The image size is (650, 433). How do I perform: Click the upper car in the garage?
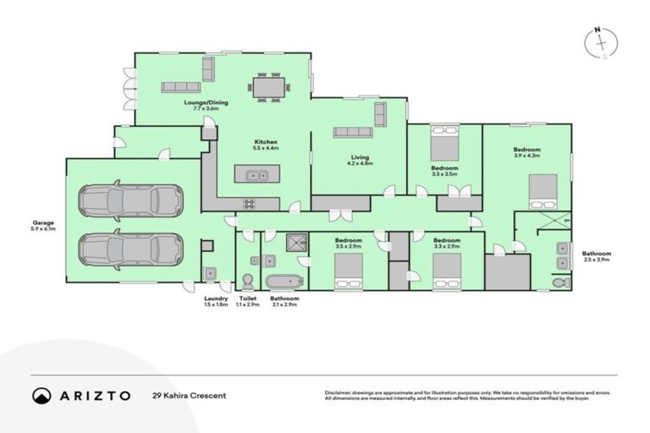click(130, 200)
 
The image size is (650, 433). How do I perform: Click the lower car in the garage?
click(130, 249)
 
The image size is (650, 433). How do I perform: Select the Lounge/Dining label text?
click(202, 105)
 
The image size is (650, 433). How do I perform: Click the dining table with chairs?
click(268, 86)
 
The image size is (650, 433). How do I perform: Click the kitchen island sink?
click(254, 176)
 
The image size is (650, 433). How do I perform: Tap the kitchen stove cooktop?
click(250, 203)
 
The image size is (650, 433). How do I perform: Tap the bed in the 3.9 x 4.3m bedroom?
click(543, 191)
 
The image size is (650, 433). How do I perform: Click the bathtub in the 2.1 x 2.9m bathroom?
click(279, 282)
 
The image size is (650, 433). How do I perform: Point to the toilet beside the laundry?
click(248, 280)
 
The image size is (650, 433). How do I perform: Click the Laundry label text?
click(216, 298)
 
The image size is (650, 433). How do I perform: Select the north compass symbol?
click(600, 42)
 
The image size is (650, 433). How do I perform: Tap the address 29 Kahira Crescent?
click(189, 395)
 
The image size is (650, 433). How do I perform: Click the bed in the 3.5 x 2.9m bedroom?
click(349, 271)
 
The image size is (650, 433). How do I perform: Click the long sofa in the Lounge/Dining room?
click(180, 86)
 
